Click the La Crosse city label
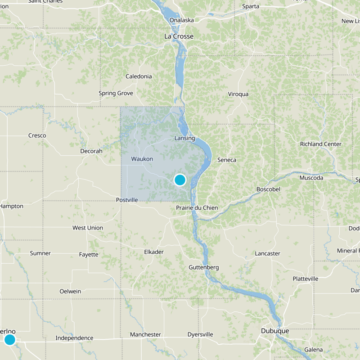179,36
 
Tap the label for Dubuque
274,331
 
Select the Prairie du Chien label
197,208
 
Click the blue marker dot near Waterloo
9,339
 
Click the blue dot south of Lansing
180,180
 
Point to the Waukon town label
142,159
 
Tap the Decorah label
91,151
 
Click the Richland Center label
321,144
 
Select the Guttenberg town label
203,267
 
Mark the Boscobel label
268,189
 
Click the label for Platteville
305,279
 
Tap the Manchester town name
145,334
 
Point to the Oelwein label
70,291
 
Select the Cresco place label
37,135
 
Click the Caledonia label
139,76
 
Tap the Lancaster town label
267,253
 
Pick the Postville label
127,199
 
